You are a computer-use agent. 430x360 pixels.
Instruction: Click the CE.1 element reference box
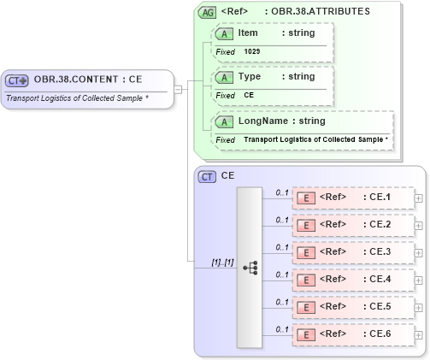click(x=352, y=198)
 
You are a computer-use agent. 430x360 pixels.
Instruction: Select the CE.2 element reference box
click(x=352, y=225)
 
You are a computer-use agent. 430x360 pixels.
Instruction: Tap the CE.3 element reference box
click(x=352, y=252)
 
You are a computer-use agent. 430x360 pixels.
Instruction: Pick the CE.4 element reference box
click(x=352, y=280)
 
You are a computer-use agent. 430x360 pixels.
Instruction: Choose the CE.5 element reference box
click(x=352, y=307)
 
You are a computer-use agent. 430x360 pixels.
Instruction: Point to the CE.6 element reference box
click(x=352, y=334)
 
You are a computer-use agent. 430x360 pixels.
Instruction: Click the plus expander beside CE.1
click(x=418, y=198)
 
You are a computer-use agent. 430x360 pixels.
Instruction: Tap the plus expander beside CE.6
click(x=418, y=335)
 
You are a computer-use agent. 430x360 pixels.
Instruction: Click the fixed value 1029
click(x=252, y=51)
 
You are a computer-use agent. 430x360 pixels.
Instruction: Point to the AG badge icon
click(x=207, y=13)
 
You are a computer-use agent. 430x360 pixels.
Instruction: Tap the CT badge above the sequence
click(x=207, y=176)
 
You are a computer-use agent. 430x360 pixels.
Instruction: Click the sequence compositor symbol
click(x=250, y=268)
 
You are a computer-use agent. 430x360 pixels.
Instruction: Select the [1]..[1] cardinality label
click(x=222, y=262)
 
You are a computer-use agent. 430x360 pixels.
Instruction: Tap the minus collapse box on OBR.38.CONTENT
click(x=177, y=88)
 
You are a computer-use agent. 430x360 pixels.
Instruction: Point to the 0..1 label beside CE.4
click(x=281, y=274)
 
